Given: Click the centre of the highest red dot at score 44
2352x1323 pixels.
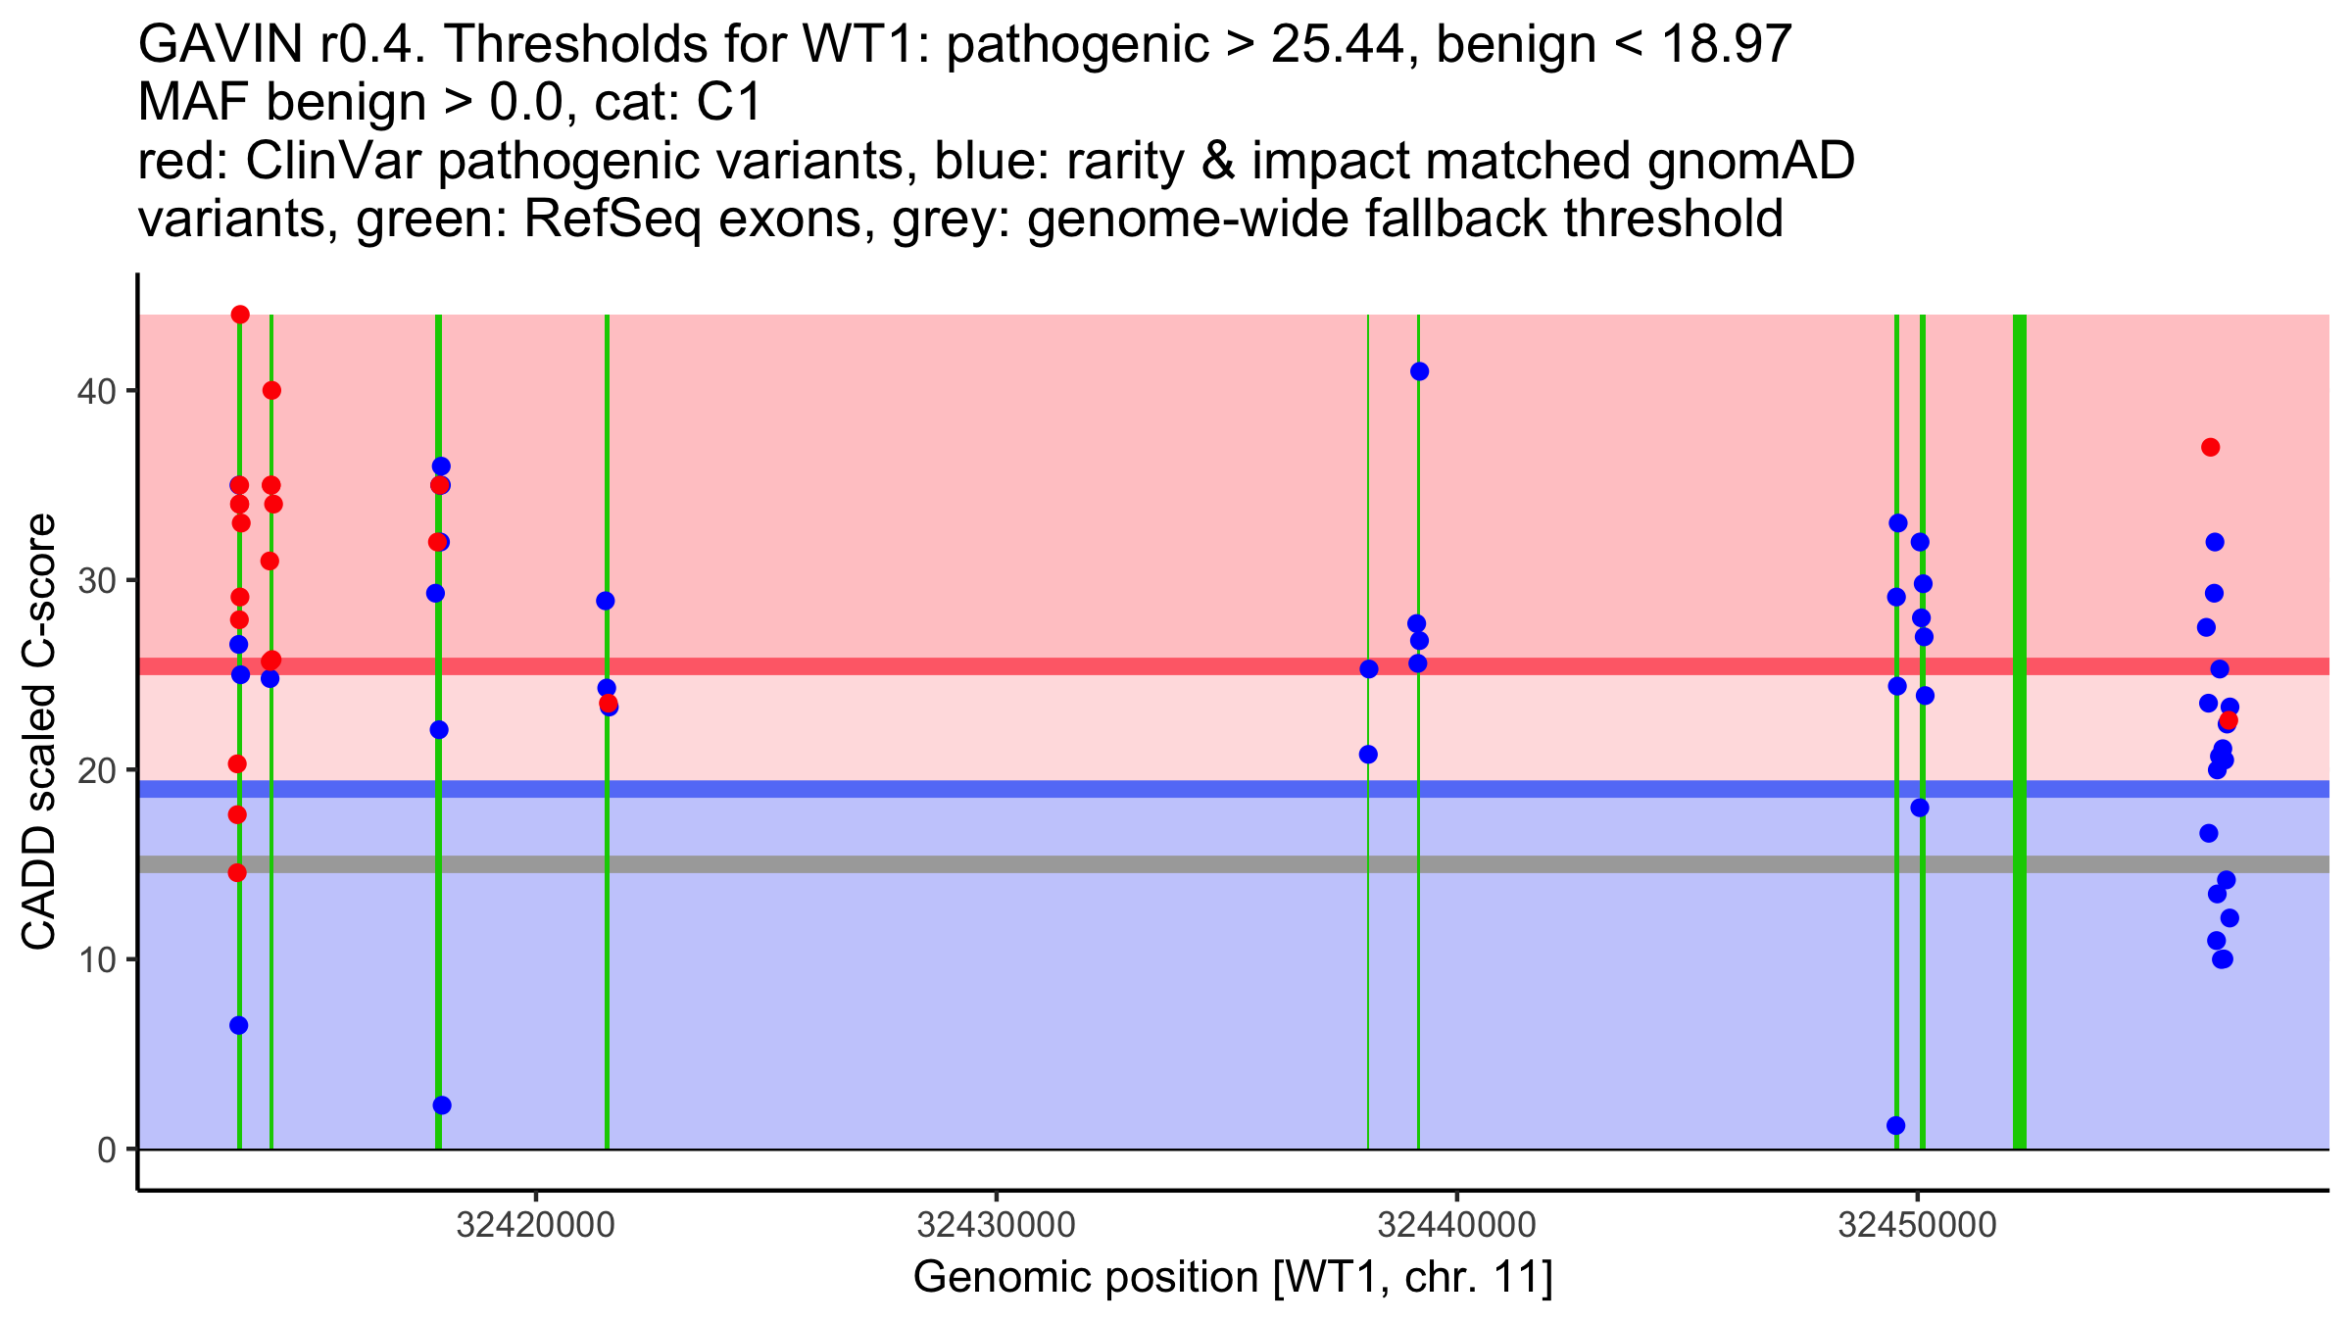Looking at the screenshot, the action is point(240,315).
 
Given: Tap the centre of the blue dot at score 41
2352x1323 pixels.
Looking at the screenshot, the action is point(1419,371).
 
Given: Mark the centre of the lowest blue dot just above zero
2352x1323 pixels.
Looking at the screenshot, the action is point(1896,1126).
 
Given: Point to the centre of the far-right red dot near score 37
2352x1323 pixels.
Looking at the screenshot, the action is point(2210,448).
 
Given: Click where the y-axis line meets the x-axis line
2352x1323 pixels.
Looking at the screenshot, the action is point(137,1191).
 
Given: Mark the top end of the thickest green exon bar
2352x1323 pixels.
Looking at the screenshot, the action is point(2019,316).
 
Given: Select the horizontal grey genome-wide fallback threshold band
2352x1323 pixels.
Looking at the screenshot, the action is point(1234,864).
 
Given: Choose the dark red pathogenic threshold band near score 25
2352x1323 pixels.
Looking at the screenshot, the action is point(1234,666).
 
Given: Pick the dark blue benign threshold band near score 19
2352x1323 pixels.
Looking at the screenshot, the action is point(1234,789).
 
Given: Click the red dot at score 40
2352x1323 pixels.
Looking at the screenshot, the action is point(271,391).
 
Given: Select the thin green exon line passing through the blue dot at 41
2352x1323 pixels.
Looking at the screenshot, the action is point(1418,732).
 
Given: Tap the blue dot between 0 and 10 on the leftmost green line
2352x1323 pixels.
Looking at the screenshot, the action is point(239,1025).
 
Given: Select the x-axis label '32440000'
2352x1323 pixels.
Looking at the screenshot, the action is point(1457,1225).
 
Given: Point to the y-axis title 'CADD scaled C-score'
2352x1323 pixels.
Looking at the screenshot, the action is point(39,732).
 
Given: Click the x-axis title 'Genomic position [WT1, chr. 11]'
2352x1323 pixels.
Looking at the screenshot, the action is point(1233,1278).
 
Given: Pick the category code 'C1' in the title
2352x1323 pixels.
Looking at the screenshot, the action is point(728,103).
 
